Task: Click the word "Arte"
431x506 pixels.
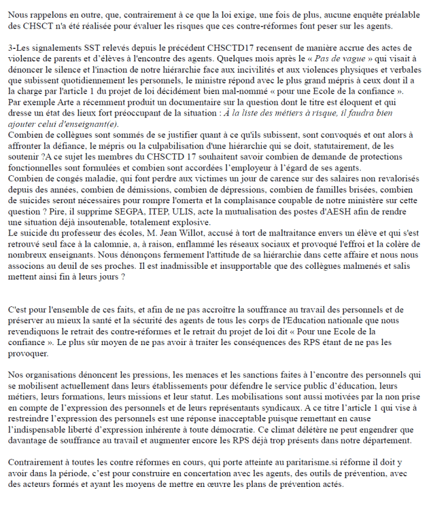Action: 57,102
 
